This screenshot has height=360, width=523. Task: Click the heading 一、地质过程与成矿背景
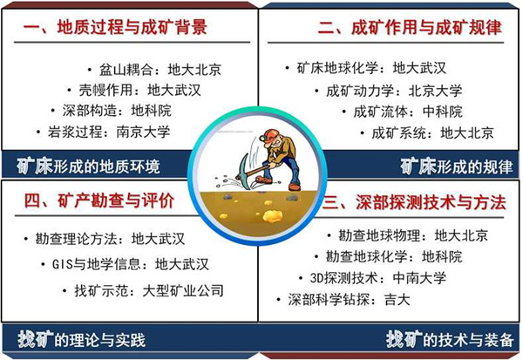click(x=115, y=27)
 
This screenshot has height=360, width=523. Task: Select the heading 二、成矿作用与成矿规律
click(x=410, y=27)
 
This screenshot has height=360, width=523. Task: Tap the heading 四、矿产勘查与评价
click(x=99, y=200)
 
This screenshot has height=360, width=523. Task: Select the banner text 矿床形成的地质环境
click(x=89, y=166)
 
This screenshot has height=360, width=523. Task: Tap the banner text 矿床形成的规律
click(x=457, y=166)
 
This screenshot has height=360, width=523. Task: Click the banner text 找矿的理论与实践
click(x=82, y=340)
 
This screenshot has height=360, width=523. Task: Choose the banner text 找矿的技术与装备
click(x=450, y=340)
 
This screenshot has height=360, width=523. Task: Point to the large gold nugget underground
click(x=273, y=216)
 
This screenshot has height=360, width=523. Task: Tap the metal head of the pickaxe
click(x=241, y=166)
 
